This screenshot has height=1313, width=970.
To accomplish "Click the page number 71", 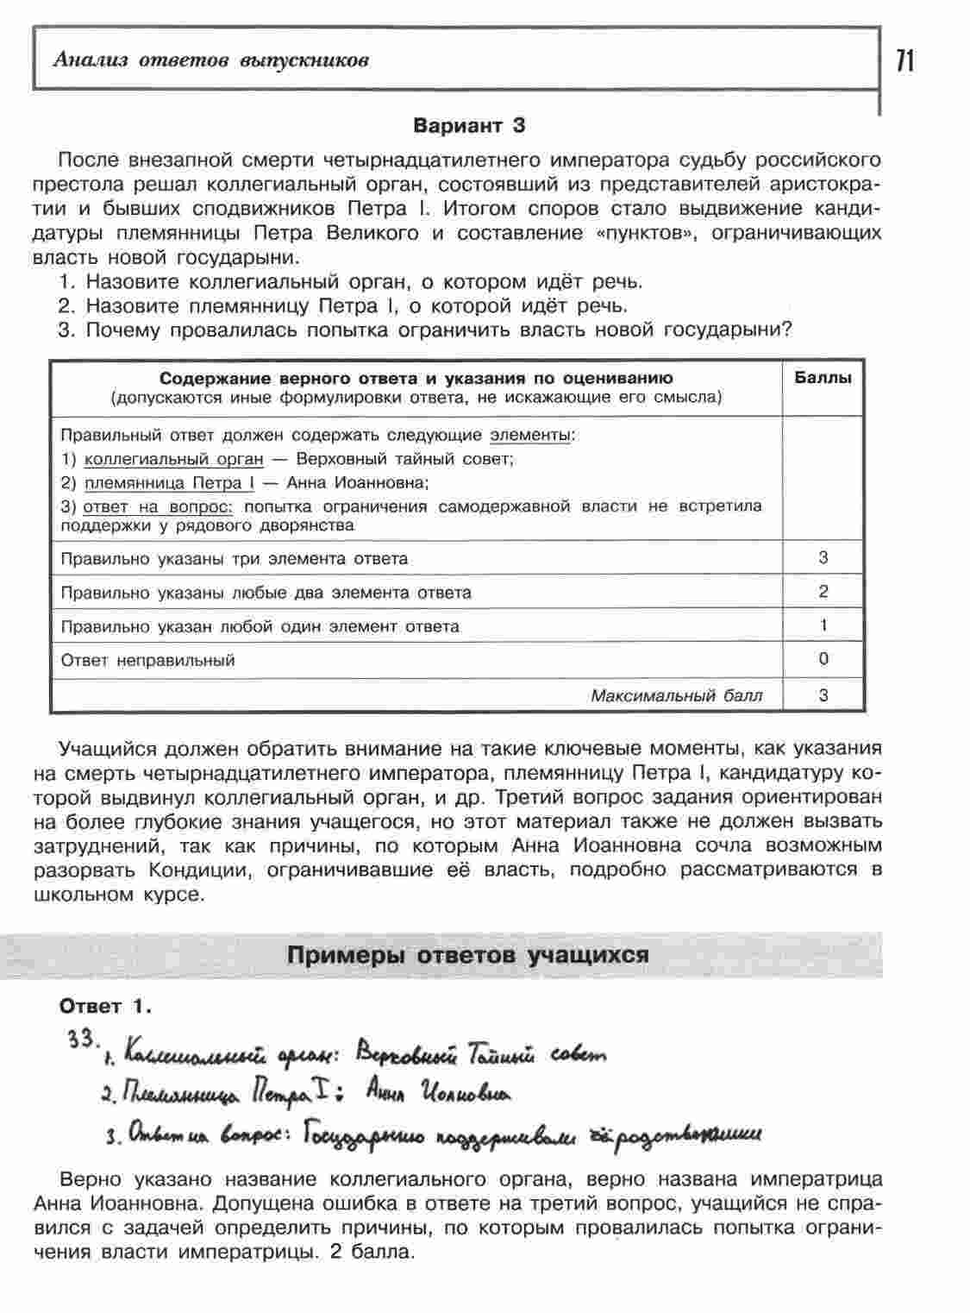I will (x=905, y=61).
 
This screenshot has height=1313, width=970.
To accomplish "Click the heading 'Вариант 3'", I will (x=469, y=126).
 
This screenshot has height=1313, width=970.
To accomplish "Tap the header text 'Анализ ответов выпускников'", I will (x=210, y=60).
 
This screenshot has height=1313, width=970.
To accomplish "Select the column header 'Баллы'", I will (x=823, y=378).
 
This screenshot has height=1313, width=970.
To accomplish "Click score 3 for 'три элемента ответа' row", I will (x=823, y=558).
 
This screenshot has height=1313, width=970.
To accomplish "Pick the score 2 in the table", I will (x=823, y=592).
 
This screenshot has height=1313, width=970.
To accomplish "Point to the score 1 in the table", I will (x=823, y=625).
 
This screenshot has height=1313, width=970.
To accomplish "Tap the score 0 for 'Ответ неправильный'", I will (x=823, y=659).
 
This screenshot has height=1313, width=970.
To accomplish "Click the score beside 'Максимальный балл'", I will (x=823, y=694).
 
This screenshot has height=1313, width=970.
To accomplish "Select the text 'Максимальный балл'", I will (x=676, y=695).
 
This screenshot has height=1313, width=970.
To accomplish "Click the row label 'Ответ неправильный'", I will (x=147, y=661).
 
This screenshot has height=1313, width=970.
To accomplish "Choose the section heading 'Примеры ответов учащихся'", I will (x=466, y=955).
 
